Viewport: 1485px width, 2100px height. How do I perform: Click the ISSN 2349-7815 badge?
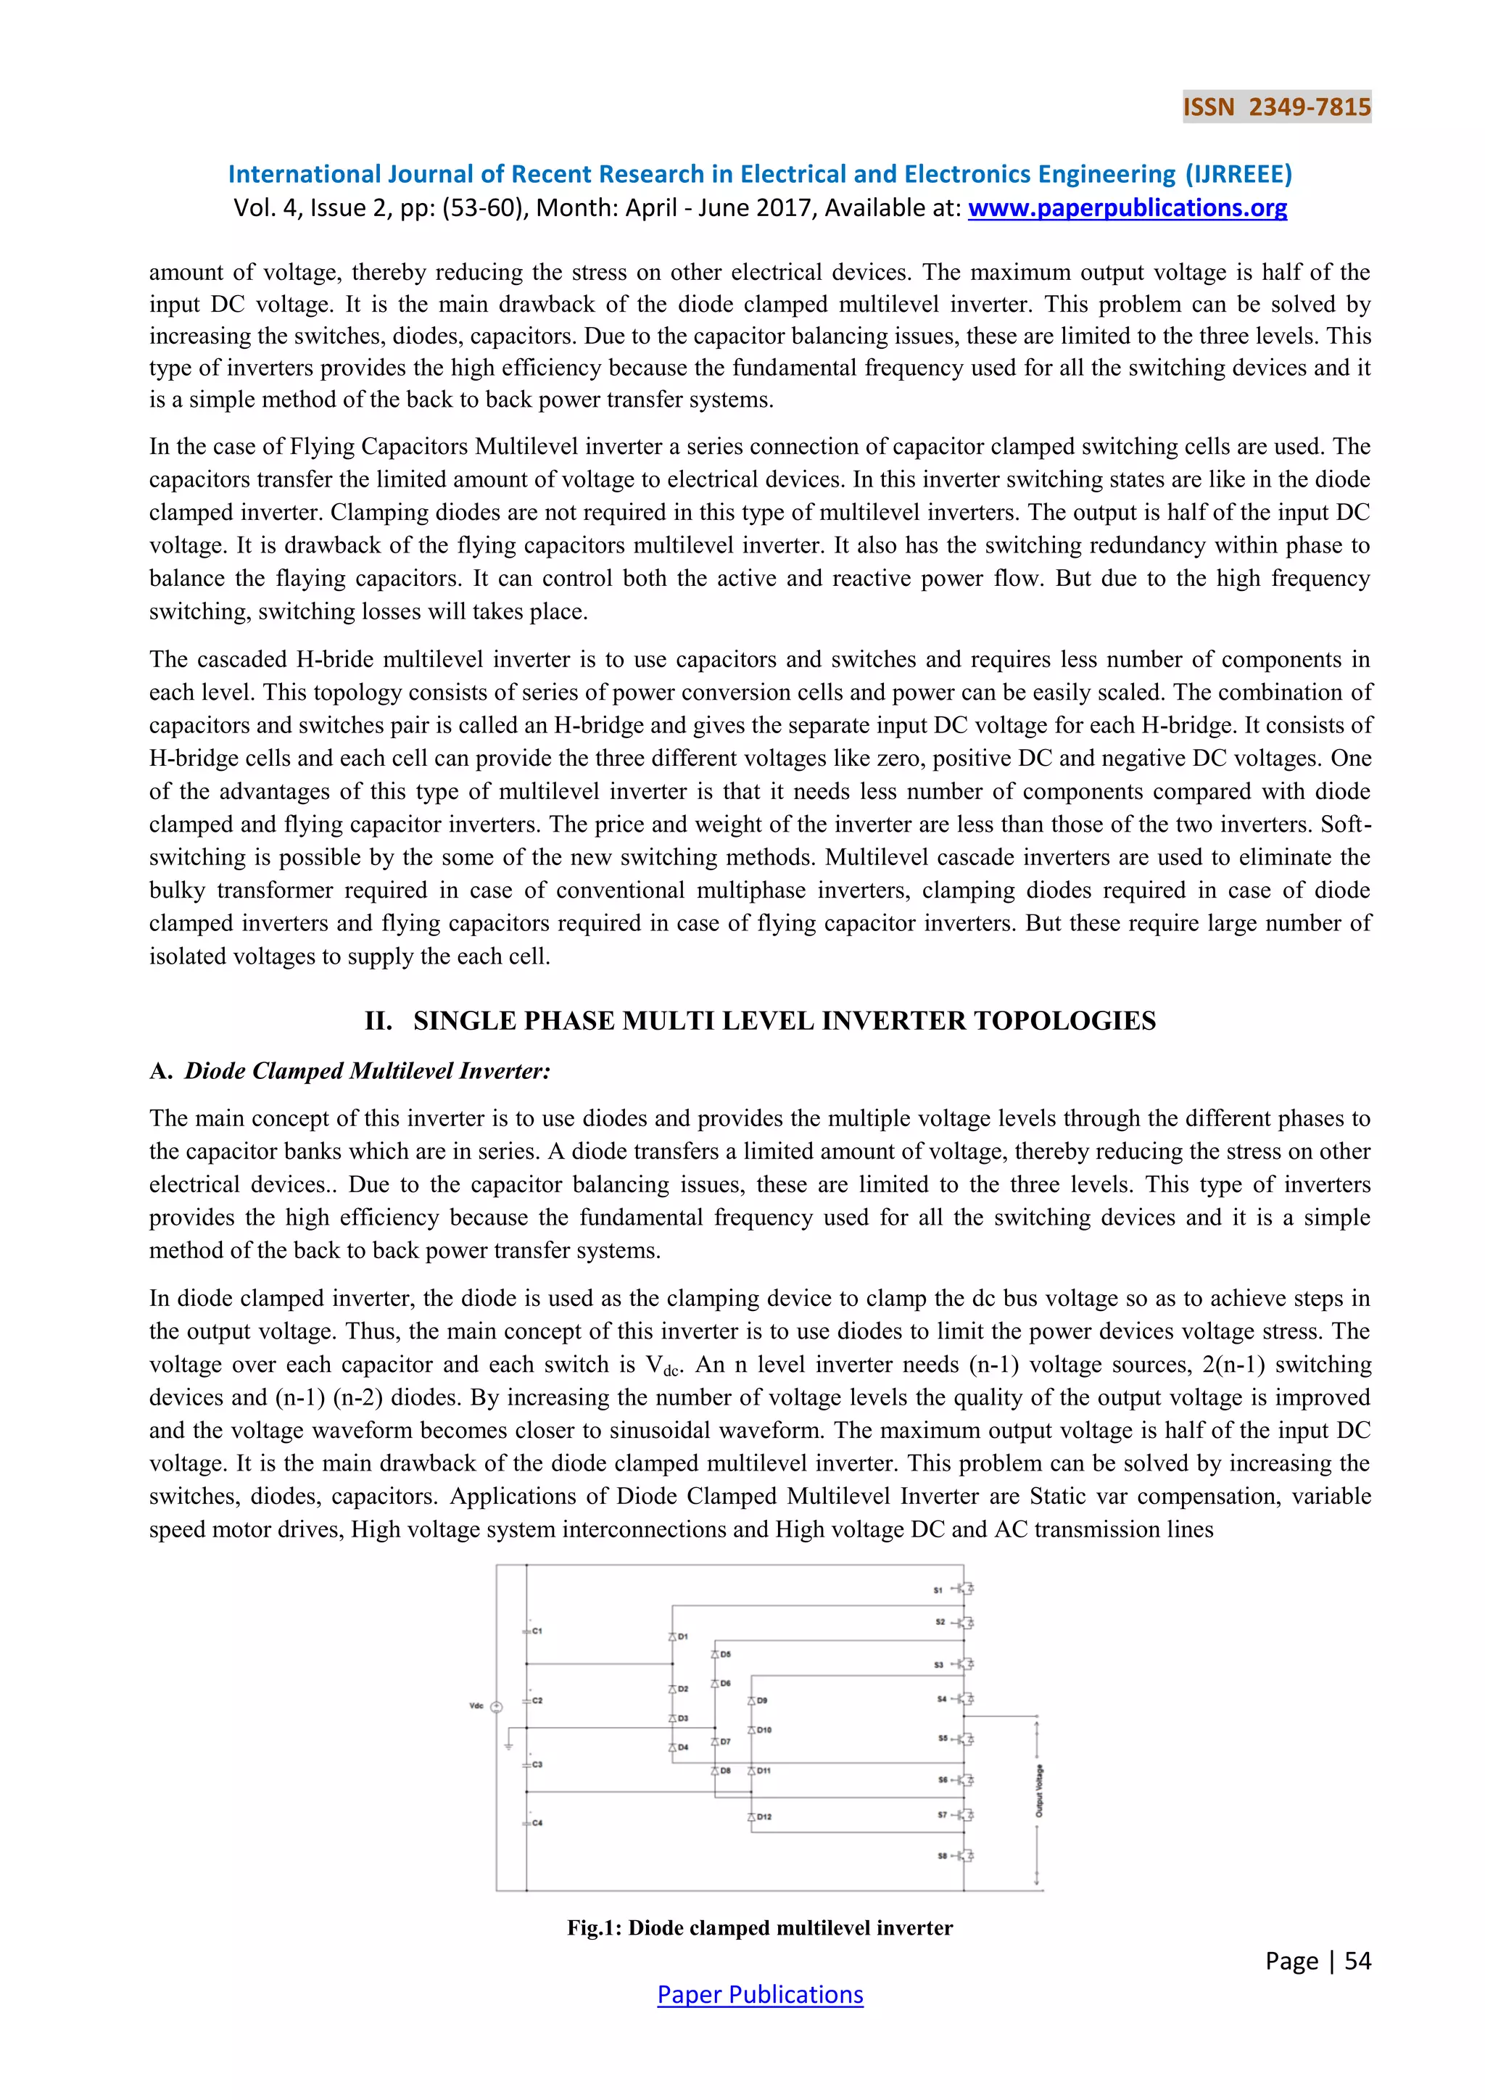click(1276, 107)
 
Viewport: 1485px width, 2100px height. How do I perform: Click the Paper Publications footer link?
click(760, 1994)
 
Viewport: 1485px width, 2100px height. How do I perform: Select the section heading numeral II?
click(378, 1021)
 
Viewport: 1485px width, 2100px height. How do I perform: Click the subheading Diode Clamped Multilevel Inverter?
click(368, 1071)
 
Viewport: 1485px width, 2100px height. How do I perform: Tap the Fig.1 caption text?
click(760, 1927)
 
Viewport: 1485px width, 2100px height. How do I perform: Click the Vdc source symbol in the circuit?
click(497, 1707)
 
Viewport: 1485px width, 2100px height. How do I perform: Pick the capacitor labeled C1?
click(528, 1632)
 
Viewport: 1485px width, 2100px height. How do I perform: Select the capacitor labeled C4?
click(528, 1822)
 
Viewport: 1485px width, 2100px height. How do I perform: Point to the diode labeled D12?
click(752, 1816)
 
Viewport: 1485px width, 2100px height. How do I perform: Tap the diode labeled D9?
click(752, 1700)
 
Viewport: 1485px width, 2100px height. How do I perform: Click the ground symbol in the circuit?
click(508, 1746)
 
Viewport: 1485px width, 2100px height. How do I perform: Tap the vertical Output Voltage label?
click(1039, 1790)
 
